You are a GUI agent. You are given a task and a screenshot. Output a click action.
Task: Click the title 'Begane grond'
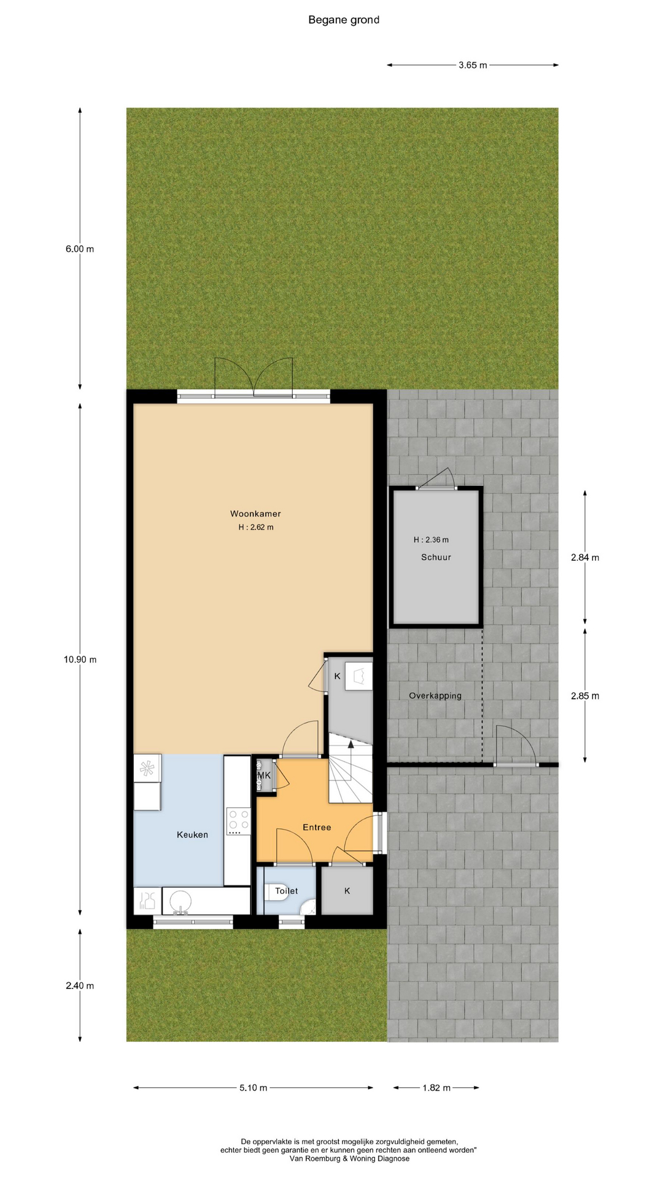pyautogui.click(x=344, y=20)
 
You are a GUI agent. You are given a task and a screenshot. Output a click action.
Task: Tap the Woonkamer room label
pyautogui.click(x=255, y=514)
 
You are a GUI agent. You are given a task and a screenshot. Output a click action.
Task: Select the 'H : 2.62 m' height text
pyautogui.click(x=256, y=528)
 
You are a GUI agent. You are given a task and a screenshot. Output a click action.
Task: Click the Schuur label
pyautogui.click(x=436, y=557)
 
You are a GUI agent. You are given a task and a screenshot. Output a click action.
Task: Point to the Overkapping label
pyautogui.click(x=435, y=696)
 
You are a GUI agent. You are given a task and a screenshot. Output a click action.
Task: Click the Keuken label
pyautogui.click(x=192, y=835)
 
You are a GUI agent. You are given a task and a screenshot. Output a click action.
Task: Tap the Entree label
pyautogui.click(x=317, y=828)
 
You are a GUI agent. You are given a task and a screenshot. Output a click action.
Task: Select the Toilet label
pyautogui.click(x=286, y=891)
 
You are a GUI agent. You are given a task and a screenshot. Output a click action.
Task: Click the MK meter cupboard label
pyautogui.click(x=264, y=776)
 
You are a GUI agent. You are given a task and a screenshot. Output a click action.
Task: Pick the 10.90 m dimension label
pyautogui.click(x=80, y=660)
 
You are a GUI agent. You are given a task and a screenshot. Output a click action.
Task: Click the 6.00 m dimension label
pyautogui.click(x=80, y=249)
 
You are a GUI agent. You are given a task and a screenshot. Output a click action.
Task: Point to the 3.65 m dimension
pyautogui.click(x=473, y=65)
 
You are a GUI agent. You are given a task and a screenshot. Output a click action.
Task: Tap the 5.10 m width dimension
pyautogui.click(x=253, y=1088)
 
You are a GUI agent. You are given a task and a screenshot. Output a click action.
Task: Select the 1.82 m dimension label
pyautogui.click(x=436, y=1088)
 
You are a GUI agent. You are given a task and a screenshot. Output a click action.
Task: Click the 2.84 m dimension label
pyautogui.click(x=585, y=558)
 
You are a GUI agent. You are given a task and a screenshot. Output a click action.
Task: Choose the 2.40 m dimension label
pyautogui.click(x=80, y=986)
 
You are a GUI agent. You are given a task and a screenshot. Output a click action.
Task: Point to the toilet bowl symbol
pyautogui.click(x=271, y=891)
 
